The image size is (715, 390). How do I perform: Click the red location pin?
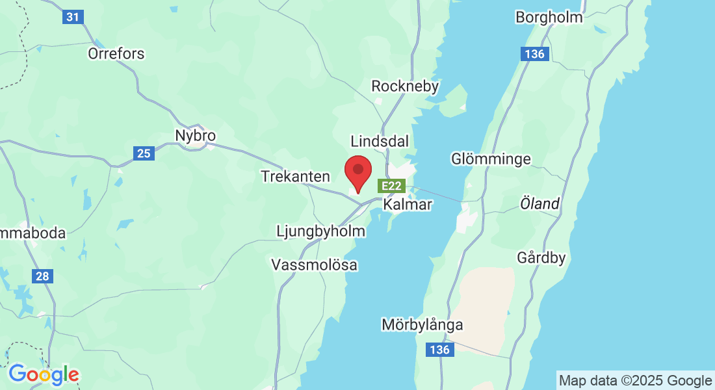pyautogui.click(x=357, y=172)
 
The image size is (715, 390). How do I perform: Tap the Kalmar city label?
pyautogui.click(x=408, y=205)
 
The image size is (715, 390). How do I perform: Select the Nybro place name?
pyautogui.click(x=195, y=136)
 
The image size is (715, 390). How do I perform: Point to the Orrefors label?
pyautogui.click(x=116, y=53)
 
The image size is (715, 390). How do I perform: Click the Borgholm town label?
pyautogui.click(x=549, y=17)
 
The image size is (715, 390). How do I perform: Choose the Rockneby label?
pyautogui.click(x=405, y=86)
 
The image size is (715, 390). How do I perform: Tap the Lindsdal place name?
pyautogui.click(x=378, y=141)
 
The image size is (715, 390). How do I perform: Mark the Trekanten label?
pyautogui.click(x=295, y=176)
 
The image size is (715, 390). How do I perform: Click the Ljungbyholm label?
pyautogui.click(x=320, y=231)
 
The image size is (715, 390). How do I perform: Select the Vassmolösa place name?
pyautogui.click(x=314, y=265)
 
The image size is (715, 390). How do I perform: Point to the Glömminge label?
pyautogui.click(x=491, y=159)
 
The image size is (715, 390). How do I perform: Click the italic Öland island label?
pyautogui.click(x=539, y=203)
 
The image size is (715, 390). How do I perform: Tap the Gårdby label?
pyautogui.click(x=541, y=257)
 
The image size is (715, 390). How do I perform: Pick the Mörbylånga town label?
pyautogui.click(x=422, y=324)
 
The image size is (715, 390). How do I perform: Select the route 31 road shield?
pyautogui.click(x=73, y=17)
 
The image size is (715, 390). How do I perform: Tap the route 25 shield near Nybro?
pyautogui.click(x=144, y=154)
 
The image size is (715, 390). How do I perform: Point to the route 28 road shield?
pyautogui.click(x=42, y=276)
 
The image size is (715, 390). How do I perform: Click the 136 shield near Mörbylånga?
pyautogui.click(x=439, y=350)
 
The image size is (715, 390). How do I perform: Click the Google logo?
pyautogui.click(x=44, y=374)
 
